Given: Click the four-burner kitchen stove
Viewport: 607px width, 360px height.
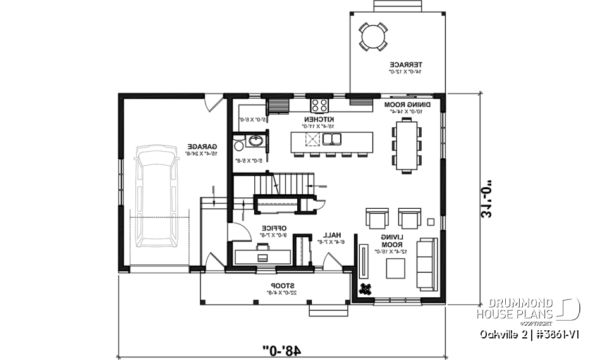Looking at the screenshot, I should tap(319, 104).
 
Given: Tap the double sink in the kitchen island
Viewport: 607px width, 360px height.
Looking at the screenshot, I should tap(332, 139).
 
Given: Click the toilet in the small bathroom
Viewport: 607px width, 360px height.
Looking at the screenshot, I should tap(238, 146).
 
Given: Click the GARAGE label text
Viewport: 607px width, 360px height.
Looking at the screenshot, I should tap(206, 148).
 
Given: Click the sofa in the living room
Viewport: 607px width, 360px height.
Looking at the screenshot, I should tap(426, 263).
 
